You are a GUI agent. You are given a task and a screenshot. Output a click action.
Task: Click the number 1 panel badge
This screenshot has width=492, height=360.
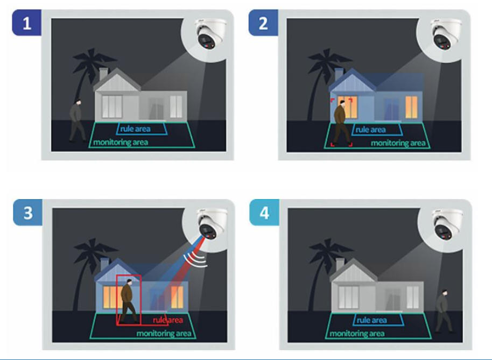27,23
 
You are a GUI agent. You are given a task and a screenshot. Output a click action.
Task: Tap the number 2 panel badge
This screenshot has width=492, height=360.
263,23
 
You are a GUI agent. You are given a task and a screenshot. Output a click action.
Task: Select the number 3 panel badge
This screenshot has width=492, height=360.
27,213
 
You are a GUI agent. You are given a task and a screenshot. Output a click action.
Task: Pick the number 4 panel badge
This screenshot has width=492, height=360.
264,213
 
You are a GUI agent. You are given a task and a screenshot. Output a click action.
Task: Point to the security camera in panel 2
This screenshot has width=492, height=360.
446,33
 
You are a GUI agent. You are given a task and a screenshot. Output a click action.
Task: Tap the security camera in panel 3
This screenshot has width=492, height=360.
212,223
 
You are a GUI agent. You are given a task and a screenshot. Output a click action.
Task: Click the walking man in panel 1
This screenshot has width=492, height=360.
77,121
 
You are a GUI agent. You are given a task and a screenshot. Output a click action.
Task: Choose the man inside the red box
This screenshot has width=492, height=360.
129,301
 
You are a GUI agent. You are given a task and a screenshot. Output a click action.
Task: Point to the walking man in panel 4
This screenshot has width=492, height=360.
444,311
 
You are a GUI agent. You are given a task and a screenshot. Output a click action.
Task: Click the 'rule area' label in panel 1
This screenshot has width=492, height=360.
135,129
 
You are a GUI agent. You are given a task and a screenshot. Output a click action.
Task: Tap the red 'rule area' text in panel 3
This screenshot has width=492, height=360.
167,320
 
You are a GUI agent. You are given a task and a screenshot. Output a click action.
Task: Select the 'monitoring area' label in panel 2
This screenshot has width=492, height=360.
398,143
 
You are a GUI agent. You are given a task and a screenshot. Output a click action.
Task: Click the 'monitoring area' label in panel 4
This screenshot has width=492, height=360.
357,333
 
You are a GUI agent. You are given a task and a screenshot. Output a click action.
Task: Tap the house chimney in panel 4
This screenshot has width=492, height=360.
340,265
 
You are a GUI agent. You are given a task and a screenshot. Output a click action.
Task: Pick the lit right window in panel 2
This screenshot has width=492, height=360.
411,107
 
